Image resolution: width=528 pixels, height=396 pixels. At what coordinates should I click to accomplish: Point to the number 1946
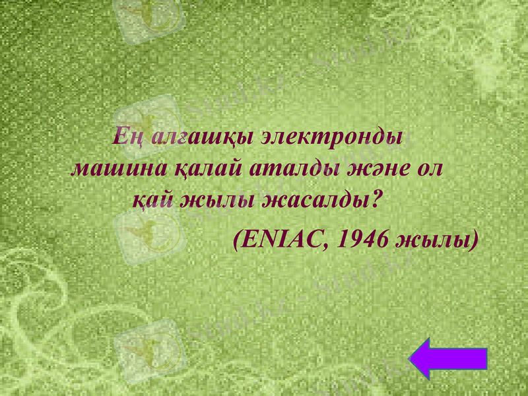362,238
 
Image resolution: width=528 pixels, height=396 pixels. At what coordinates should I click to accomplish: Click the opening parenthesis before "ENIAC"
238,239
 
